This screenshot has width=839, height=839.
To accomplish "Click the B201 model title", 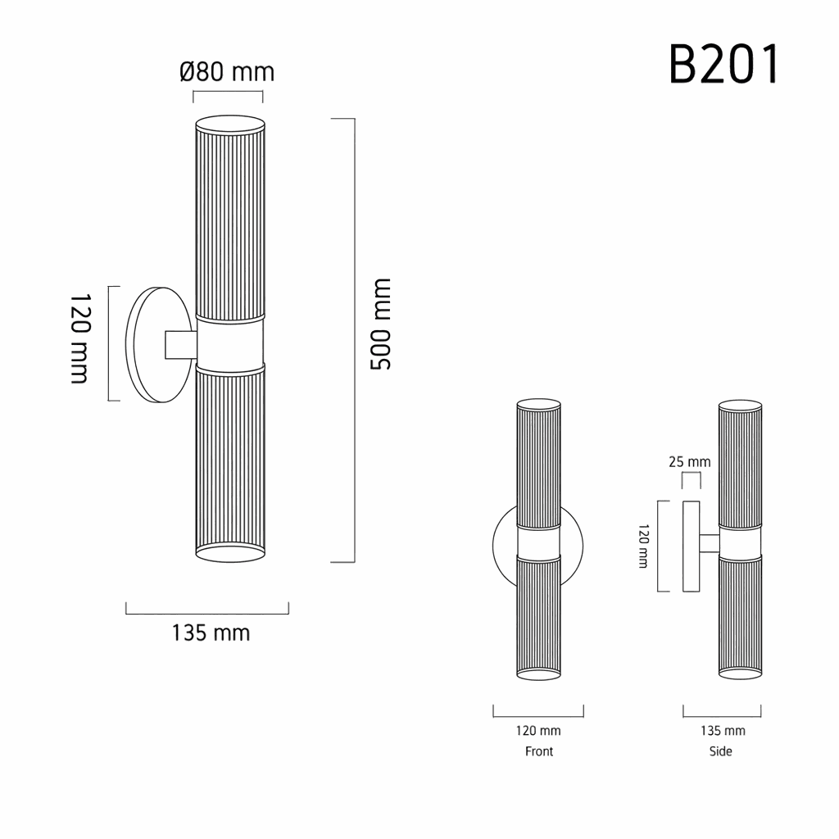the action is (724, 65).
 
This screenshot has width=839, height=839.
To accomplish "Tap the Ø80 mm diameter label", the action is (227, 72).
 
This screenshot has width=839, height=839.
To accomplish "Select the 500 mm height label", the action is (381, 324).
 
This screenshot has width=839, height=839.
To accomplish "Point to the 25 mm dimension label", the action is (690, 461).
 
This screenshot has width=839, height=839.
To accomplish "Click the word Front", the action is (539, 751).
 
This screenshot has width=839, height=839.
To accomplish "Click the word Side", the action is (721, 751).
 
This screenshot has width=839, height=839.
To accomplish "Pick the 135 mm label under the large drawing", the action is (211, 633).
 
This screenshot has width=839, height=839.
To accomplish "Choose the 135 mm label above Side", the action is (723, 730).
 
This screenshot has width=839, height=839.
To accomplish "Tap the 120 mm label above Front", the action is (538, 730).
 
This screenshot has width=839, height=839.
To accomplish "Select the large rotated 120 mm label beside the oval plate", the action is (79, 338).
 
